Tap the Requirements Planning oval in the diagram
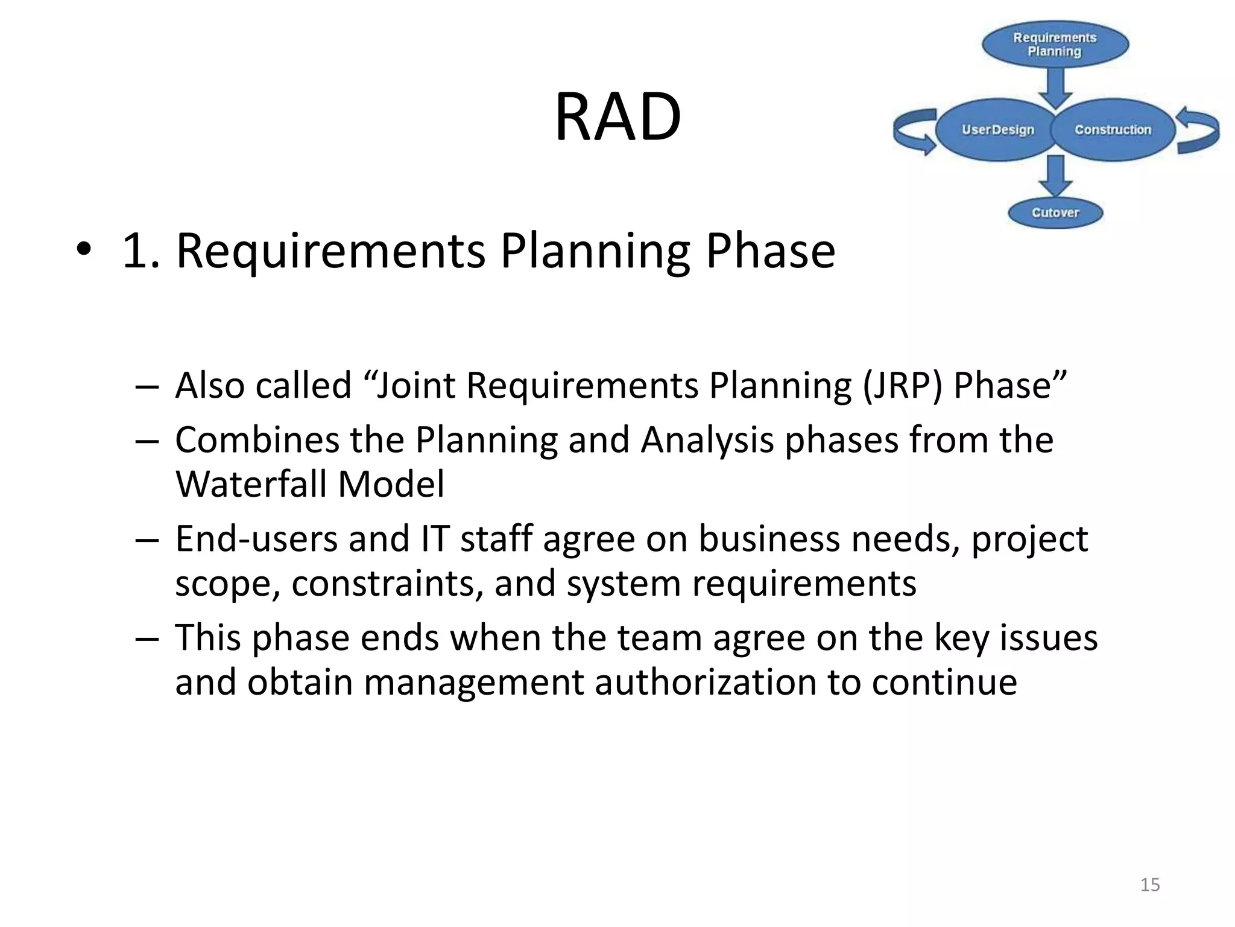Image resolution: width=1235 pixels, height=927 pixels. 1055,45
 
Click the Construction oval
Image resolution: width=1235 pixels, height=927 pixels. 1113,130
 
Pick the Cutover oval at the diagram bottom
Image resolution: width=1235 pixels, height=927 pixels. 1055,212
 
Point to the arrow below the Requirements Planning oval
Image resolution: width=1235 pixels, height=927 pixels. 1055,87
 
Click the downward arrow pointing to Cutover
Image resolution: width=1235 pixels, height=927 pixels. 1055,175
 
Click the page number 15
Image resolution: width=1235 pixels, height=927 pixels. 1150,885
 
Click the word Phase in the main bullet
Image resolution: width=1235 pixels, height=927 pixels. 770,251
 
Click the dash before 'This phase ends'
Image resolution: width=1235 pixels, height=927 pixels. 147,638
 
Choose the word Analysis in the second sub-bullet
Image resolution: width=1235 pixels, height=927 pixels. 707,439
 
